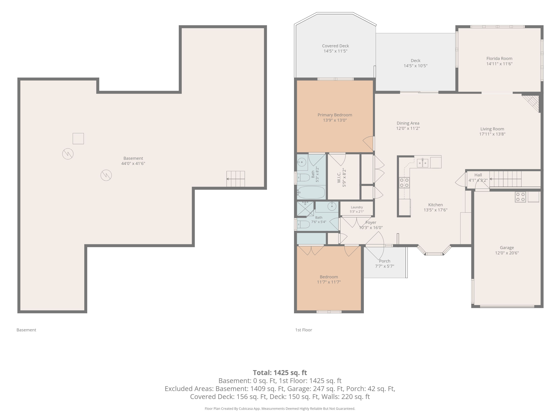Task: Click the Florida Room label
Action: coord(499,58)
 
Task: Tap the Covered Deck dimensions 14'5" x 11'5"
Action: coord(335,51)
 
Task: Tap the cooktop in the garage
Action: coord(520,197)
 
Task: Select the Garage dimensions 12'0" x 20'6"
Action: coord(507,253)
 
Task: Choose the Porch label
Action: coord(385,261)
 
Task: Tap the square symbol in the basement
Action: coord(78,139)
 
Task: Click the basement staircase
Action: coord(235,179)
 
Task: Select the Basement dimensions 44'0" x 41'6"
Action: coord(133,163)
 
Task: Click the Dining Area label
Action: coord(408,123)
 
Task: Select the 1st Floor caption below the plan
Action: coord(303,330)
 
